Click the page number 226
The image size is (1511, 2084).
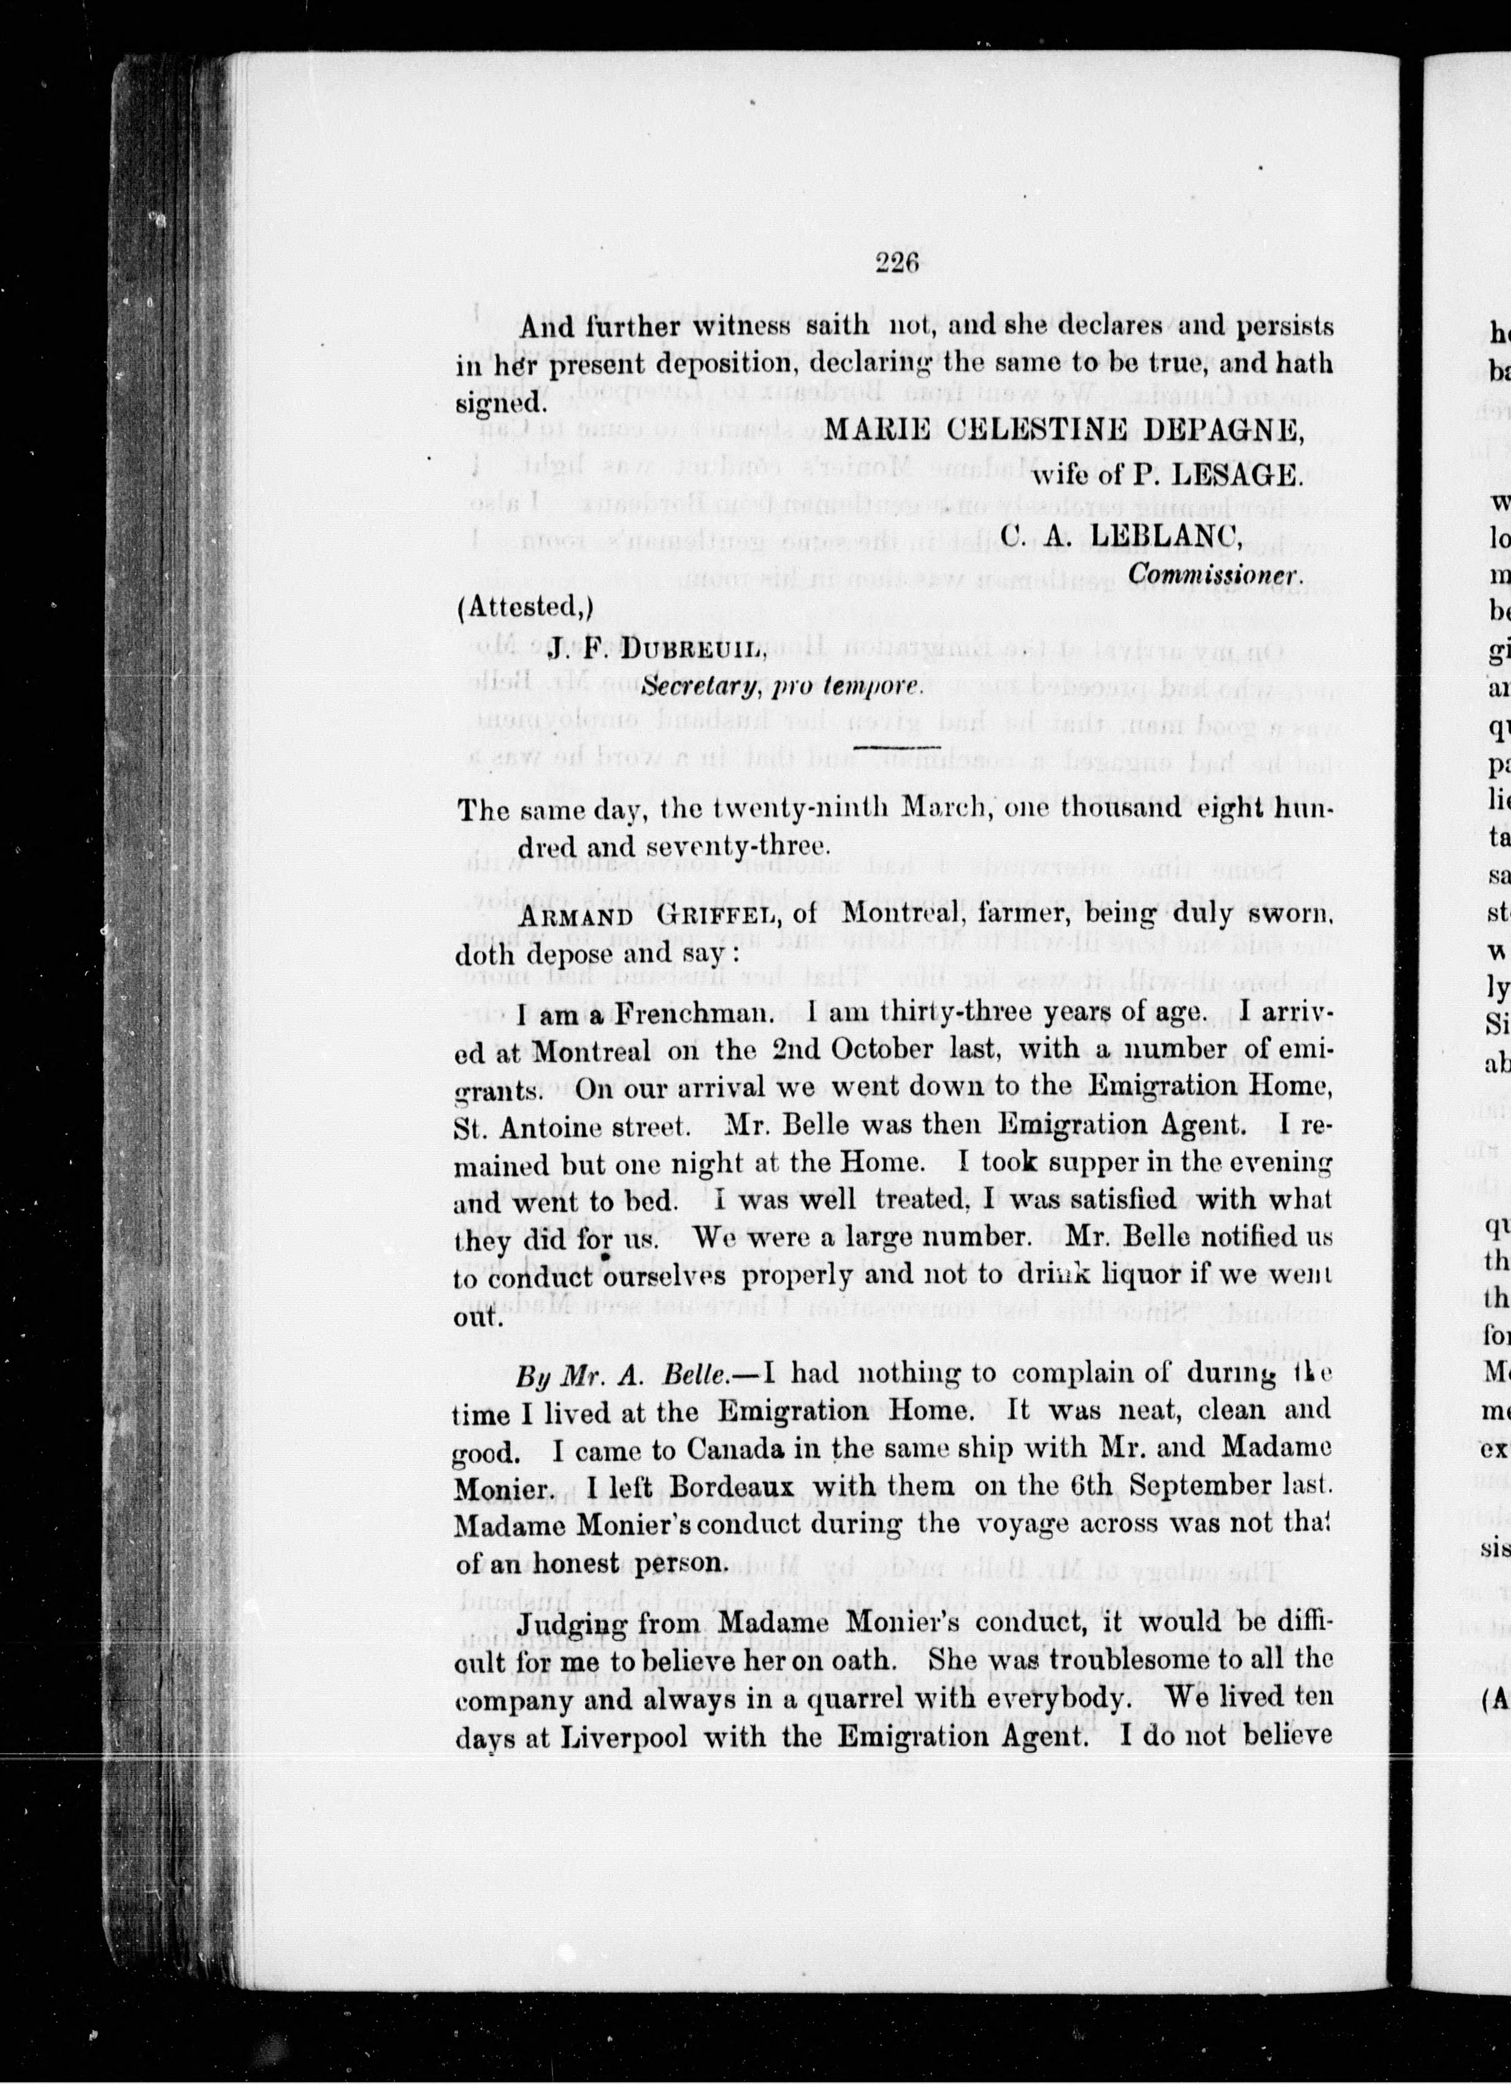[897, 264]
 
